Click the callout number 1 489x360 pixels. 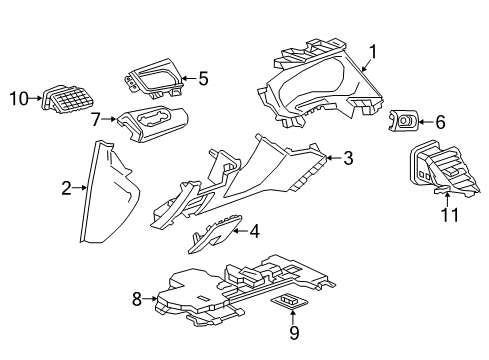click(x=373, y=51)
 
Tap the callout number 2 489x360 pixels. click(x=66, y=187)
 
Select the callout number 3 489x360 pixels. click(x=347, y=156)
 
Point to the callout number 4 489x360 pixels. click(x=254, y=231)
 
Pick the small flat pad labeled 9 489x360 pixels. click(x=291, y=302)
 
